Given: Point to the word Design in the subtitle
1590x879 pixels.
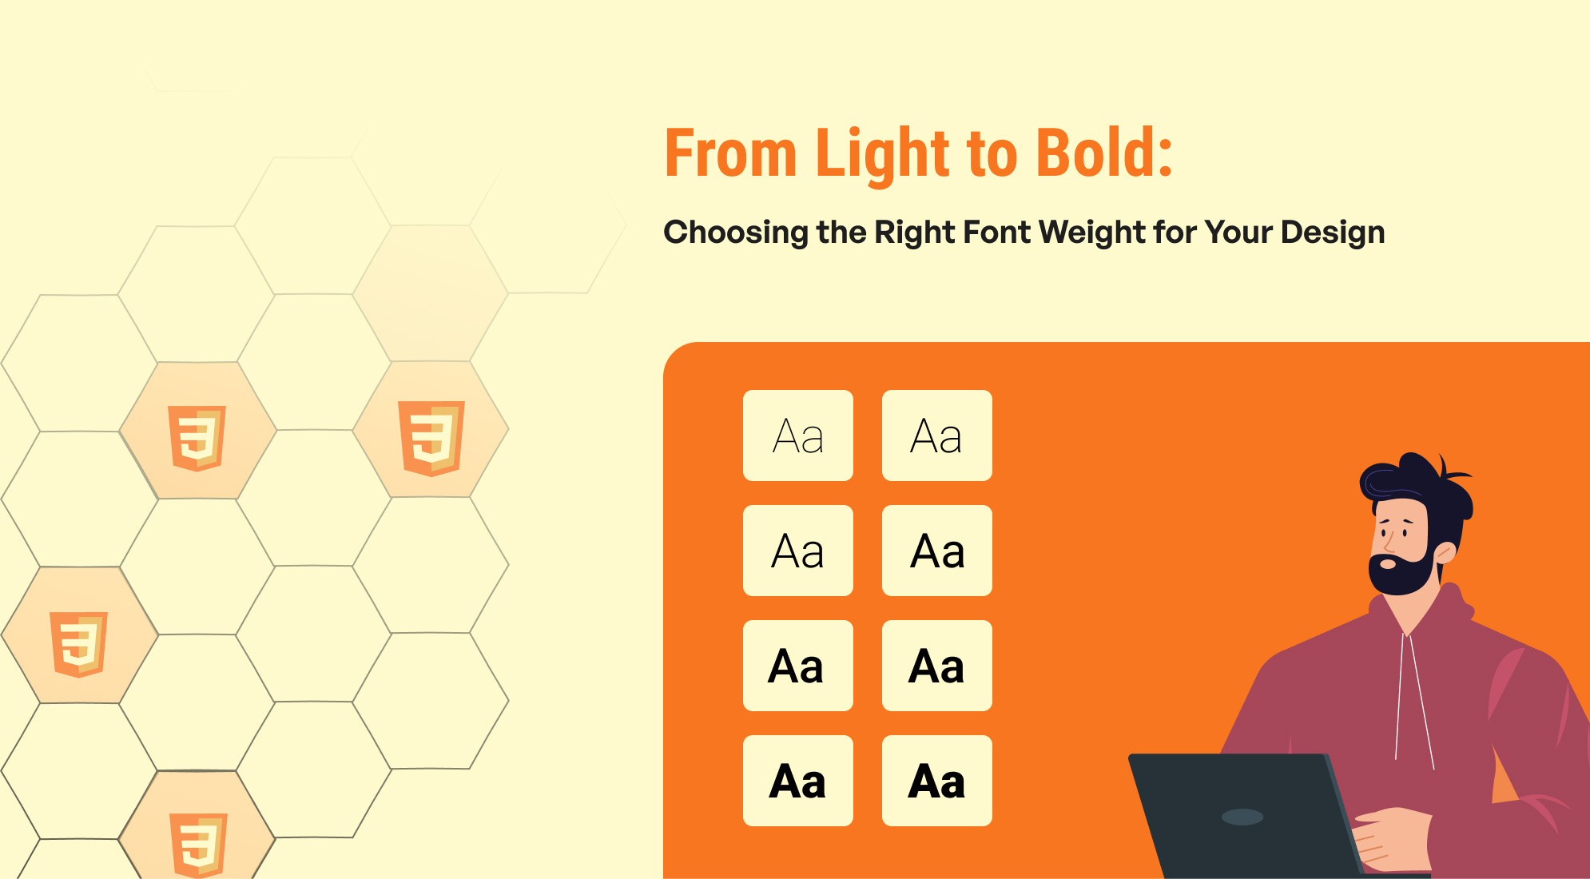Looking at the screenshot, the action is pos(1333,233).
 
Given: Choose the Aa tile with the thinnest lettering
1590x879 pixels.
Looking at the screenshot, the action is pos(798,436).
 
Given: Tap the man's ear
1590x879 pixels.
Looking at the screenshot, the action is pos(1445,552).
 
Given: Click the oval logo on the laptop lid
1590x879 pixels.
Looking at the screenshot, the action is pos(1242,817).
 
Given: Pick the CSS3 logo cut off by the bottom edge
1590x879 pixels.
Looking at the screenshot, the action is pos(199,845).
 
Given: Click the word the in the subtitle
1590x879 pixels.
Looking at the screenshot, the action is pos(841,233).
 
